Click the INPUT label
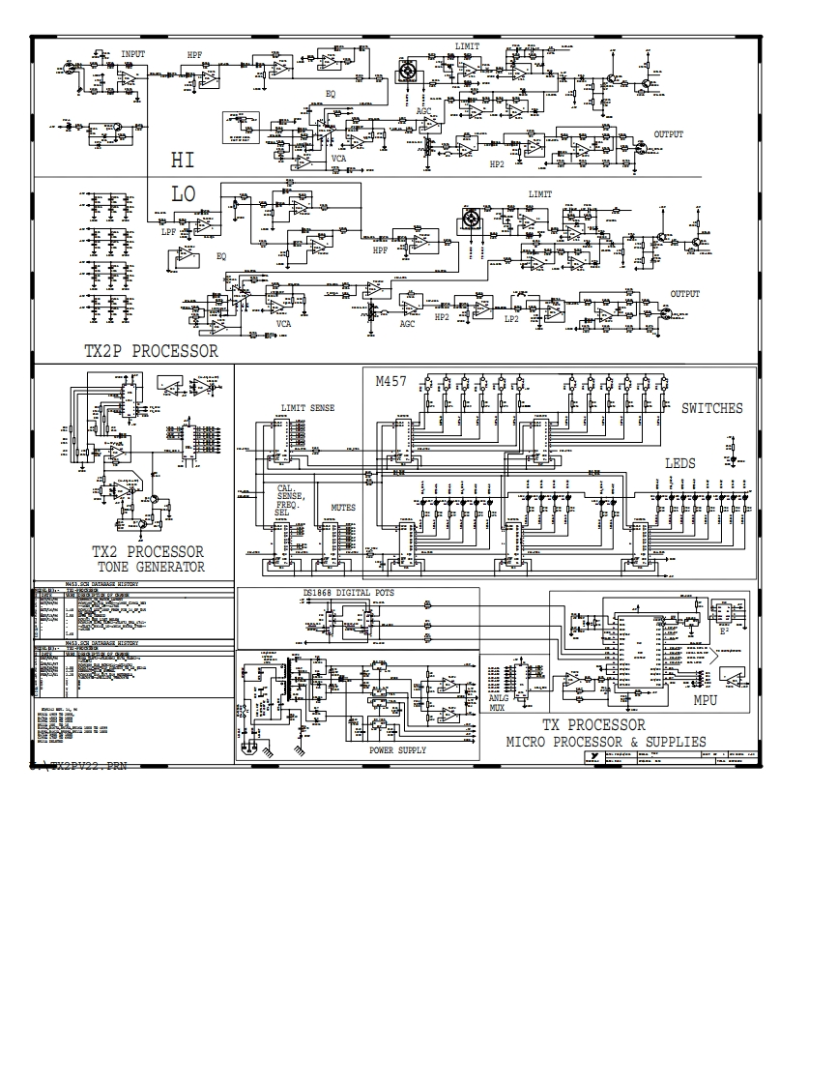pyautogui.click(x=133, y=55)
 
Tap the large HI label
pyautogui.click(x=183, y=160)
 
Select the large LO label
pyautogui.click(x=183, y=194)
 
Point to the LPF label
pyautogui.click(x=169, y=232)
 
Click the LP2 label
pyautogui.click(x=511, y=318)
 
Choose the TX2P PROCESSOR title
pyautogui.click(x=151, y=351)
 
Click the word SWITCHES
pyautogui.click(x=711, y=408)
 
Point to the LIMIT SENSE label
pyautogui.click(x=307, y=408)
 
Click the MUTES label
pyautogui.click(x=343, y=507)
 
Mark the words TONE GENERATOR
pyautogui.click(x=151, y=568)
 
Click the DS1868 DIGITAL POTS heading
pyautogui.click(x=349, y=592)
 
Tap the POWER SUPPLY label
pyautogui.click(x=397, y=750)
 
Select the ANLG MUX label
pyautogui.click(x=499, y=702)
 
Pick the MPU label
pyautogui.click(x=706, y=700)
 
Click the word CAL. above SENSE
pyautogui.click(x=287, y=488)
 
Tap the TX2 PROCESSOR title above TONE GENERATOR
pyautogui.click(x=148, y=552)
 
